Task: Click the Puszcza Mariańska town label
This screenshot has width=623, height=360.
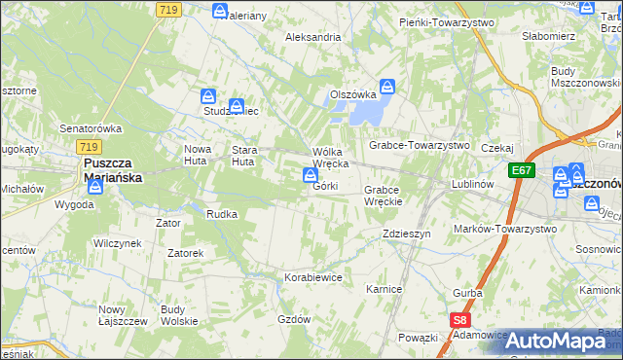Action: coord(113,170)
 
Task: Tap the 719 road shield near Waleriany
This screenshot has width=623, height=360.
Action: coord(166,8)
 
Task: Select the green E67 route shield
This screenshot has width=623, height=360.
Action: coord(522,170)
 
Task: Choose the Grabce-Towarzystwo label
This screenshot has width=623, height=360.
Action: coord(419,145)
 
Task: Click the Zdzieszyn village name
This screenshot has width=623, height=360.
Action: coord(406,234)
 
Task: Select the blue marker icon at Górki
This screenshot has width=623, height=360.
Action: coord(310,175)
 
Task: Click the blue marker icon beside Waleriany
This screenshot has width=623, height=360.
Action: coord(221,12)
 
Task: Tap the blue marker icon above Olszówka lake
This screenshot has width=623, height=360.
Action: coord(386,87)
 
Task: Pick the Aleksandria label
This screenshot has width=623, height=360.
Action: coord(312,37)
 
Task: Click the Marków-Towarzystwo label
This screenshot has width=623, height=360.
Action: coord(505,228)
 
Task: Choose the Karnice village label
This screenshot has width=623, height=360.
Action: coord(384,289)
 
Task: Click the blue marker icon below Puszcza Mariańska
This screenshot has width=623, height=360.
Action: coord(93,186)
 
